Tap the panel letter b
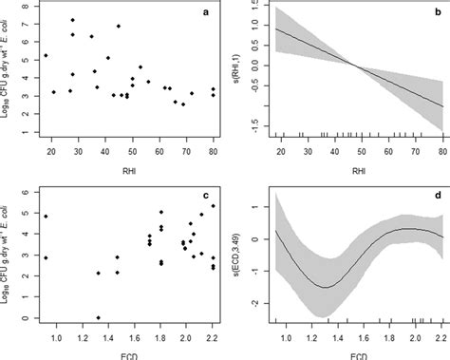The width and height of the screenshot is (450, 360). (432, 13)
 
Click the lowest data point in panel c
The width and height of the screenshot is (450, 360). (98, 318)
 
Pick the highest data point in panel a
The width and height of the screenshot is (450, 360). (73, 19)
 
